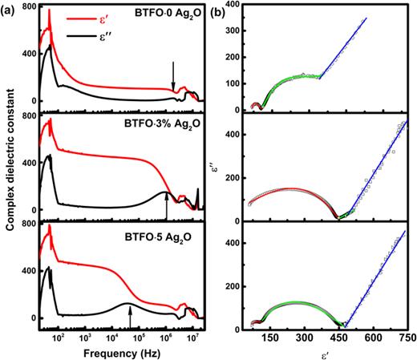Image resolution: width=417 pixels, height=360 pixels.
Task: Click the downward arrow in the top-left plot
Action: click(173, 76)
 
